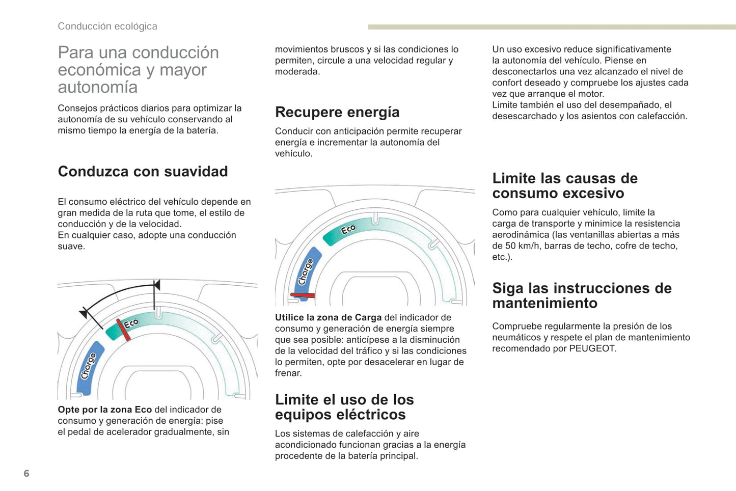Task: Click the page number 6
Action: (26, 473)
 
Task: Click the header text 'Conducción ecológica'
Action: (107, 26)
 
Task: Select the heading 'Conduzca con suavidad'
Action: (143, 171)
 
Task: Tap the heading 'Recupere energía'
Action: (337, 112)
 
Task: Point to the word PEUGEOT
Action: (592, 348)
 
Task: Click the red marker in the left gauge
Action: (123, 329)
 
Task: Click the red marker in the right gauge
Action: (303, 295)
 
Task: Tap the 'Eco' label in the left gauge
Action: (131, 323)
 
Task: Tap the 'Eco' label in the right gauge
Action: (348, 230)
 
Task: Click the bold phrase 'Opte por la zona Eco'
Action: (105, 410)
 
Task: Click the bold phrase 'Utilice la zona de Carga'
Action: (328, 317)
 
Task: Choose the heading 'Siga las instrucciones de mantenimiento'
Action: (582, 295)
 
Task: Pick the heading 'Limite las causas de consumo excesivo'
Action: (565, 185)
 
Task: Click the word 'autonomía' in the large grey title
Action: (98, 87)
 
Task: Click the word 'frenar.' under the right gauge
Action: (288, 373)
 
